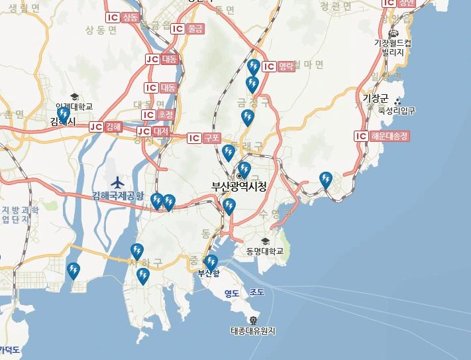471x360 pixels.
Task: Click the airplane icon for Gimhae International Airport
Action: pyautogui.click(x=118, y=182)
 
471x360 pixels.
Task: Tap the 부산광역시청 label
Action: pyautogui.click(x=238, y=186)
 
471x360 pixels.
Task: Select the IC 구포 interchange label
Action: pyautogui.click(x=204, y=138)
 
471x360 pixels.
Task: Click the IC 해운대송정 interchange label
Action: pyautogui.click(x=382, y=137)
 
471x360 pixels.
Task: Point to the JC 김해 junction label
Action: pyautogui.click(x=106, y=127)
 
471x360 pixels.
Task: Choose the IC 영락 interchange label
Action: pyautogui.click(x=278, y=66)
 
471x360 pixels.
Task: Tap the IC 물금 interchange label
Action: pyautogui.click(x=188, y=29)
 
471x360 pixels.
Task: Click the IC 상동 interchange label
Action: pyautogui.click(x=123, y=18)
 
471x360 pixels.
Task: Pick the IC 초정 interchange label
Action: pyautogui.click(x=158, y=115)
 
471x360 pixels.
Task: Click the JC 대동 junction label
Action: pyautogui.click(x=162, y=59)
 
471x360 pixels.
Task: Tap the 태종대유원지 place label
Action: pyautogui.click(x=252, y=330)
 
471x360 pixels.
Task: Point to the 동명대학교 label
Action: pyautogui.click(x=264, y=251)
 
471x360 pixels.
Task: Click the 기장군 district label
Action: pyautogui.click(x=376, y=98)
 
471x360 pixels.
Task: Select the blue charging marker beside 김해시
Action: pyautogui.click(x=64, y=115)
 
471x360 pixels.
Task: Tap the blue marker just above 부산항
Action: pyautogui.click(x=211, y=262)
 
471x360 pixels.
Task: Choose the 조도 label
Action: pyautogui.click(x=257, y=292)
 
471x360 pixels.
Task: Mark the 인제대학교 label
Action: pyautogui.click(x=74, y=106)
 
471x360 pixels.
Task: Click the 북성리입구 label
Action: pyautogui.click(x=397, y=111)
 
